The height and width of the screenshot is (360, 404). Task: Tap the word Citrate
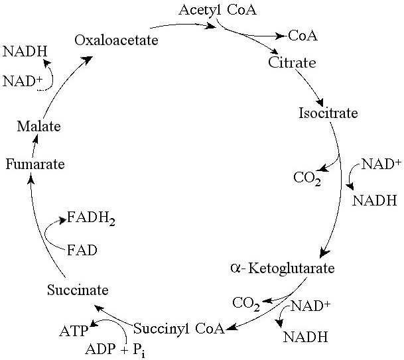click(x=292, y=63)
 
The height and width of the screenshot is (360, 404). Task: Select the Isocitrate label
click(x=328, y=113)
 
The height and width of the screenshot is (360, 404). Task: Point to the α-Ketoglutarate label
click(x=282, y=269)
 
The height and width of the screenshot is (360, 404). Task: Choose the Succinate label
click(x=78, y=290)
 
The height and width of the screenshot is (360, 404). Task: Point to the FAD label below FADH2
click(x=82, y=250)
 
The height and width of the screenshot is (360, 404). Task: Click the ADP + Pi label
click(x=115, y=349)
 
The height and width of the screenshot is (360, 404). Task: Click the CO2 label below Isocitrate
click(x=307, y=178)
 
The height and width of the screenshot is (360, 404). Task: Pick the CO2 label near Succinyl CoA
click(x=245, y=304)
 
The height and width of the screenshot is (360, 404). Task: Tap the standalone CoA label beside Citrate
click(x=302, y=35)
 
